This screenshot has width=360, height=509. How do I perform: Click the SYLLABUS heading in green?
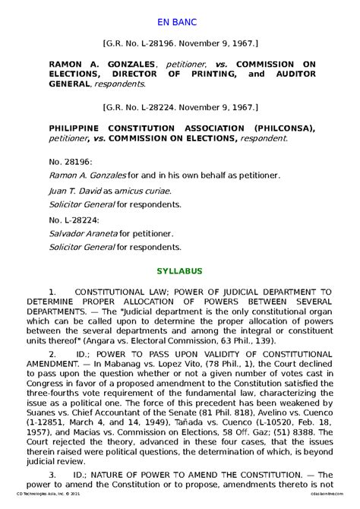[x=179, y=270]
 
